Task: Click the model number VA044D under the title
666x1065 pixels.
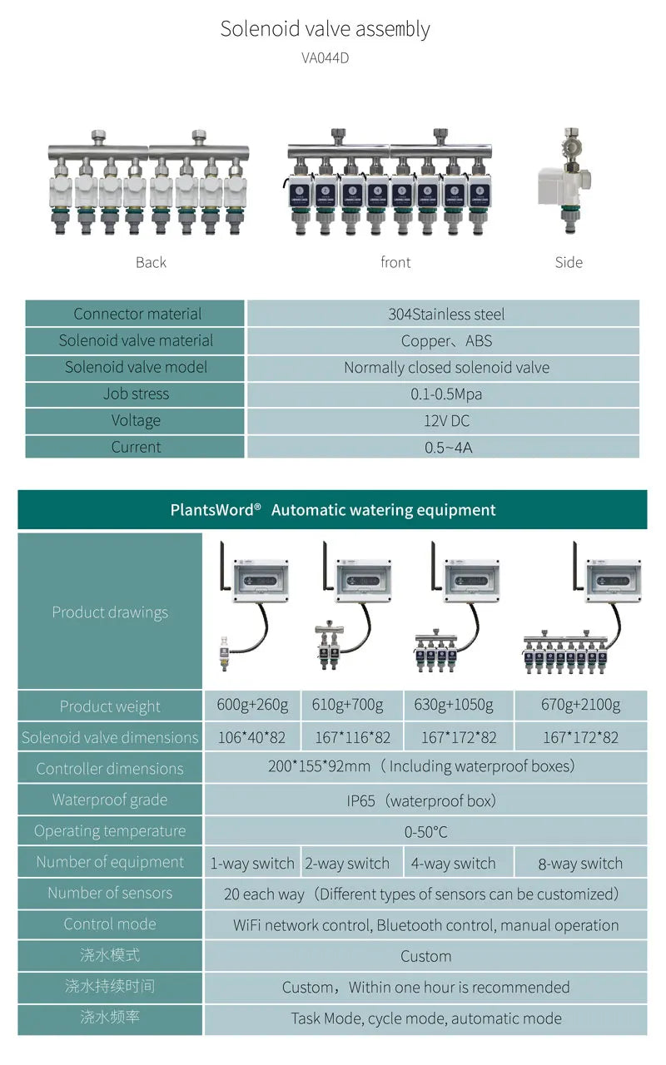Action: pos(325,58)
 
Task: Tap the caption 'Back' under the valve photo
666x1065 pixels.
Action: pos(151,262)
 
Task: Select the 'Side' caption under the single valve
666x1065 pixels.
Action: pos(569,262)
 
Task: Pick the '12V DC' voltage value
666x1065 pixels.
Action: pos(447,420)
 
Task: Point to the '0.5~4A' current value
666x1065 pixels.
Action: pos(448,448)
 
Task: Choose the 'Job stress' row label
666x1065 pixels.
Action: pos(136,394)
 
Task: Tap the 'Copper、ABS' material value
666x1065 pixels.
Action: pos(446,340)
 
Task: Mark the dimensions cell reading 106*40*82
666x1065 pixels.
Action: pos(251,737)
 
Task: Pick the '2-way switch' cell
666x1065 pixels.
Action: pos(347,863)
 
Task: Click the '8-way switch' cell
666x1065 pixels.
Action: pos(580,863)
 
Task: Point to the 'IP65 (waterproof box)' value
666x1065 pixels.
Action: pos(421,800)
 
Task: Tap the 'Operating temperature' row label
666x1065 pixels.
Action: pos(110,830)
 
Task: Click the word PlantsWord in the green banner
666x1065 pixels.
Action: pos(211,510)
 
